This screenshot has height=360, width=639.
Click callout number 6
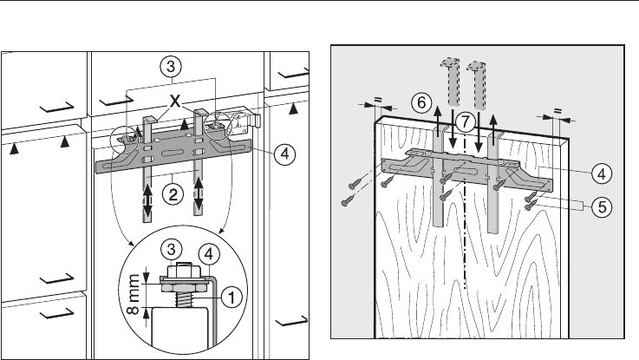click(421, 102)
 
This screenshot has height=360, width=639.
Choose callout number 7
click(466, 122)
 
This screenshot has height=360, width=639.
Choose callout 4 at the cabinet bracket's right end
click(281, 155)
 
